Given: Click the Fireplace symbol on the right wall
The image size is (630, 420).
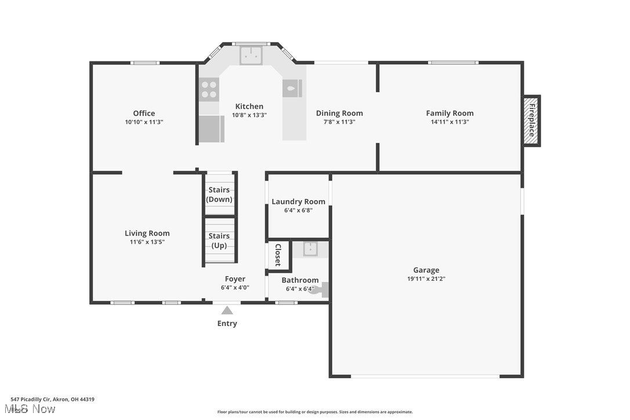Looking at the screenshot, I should pos(531,121).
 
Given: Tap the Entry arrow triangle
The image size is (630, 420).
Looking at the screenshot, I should pos(227,310).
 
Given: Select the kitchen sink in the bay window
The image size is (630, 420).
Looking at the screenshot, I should pos(251,55).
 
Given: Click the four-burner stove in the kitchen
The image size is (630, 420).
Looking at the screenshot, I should pos(209,89).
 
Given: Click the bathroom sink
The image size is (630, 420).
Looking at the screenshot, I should pos(310,249).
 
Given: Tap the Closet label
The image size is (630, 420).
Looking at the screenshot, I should pos(278,255).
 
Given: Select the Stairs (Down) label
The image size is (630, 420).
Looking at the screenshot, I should pos(219,194).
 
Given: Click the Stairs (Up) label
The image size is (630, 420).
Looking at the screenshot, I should pos(219,240).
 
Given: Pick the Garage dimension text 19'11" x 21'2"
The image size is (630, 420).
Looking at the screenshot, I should pos(426,278).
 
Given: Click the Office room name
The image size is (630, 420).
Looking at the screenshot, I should pos(144,113).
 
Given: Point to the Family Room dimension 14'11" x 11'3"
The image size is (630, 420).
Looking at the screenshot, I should pos(450,122).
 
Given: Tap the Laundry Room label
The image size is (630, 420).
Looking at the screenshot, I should pos(298,201).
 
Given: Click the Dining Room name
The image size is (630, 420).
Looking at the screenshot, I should pos(339,113).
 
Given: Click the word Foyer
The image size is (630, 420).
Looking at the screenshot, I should pos(235,279).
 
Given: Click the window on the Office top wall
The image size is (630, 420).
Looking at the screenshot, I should pos(144,63).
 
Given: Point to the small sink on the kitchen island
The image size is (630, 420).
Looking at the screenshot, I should pos(292,89).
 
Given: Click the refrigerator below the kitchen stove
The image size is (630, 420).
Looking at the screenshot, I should pos(211,128).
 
